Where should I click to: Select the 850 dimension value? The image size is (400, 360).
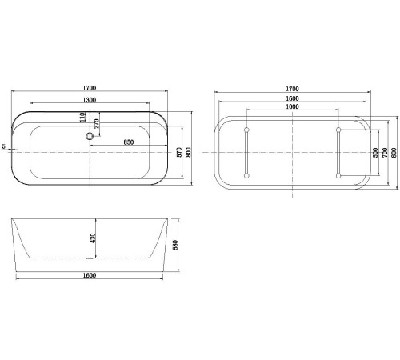pos(127,142)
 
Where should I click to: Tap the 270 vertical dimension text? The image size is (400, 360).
pos(96,125)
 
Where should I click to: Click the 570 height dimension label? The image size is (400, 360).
pos(178,152)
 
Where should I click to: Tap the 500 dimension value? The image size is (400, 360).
pos(375,152)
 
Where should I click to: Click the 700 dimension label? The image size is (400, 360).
pos(384,152)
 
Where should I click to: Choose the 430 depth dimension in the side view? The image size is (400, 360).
pos(93,238)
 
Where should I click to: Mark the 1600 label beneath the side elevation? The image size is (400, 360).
pos(89,276)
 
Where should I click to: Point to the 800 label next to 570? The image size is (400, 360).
pos(189,152)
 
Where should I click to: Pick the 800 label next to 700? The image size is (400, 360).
pos(394,152)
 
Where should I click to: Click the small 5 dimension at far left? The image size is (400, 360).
pos(6,146)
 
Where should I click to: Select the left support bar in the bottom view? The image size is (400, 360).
pos(246,152)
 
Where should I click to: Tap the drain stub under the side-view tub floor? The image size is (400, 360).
pos(89,260)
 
